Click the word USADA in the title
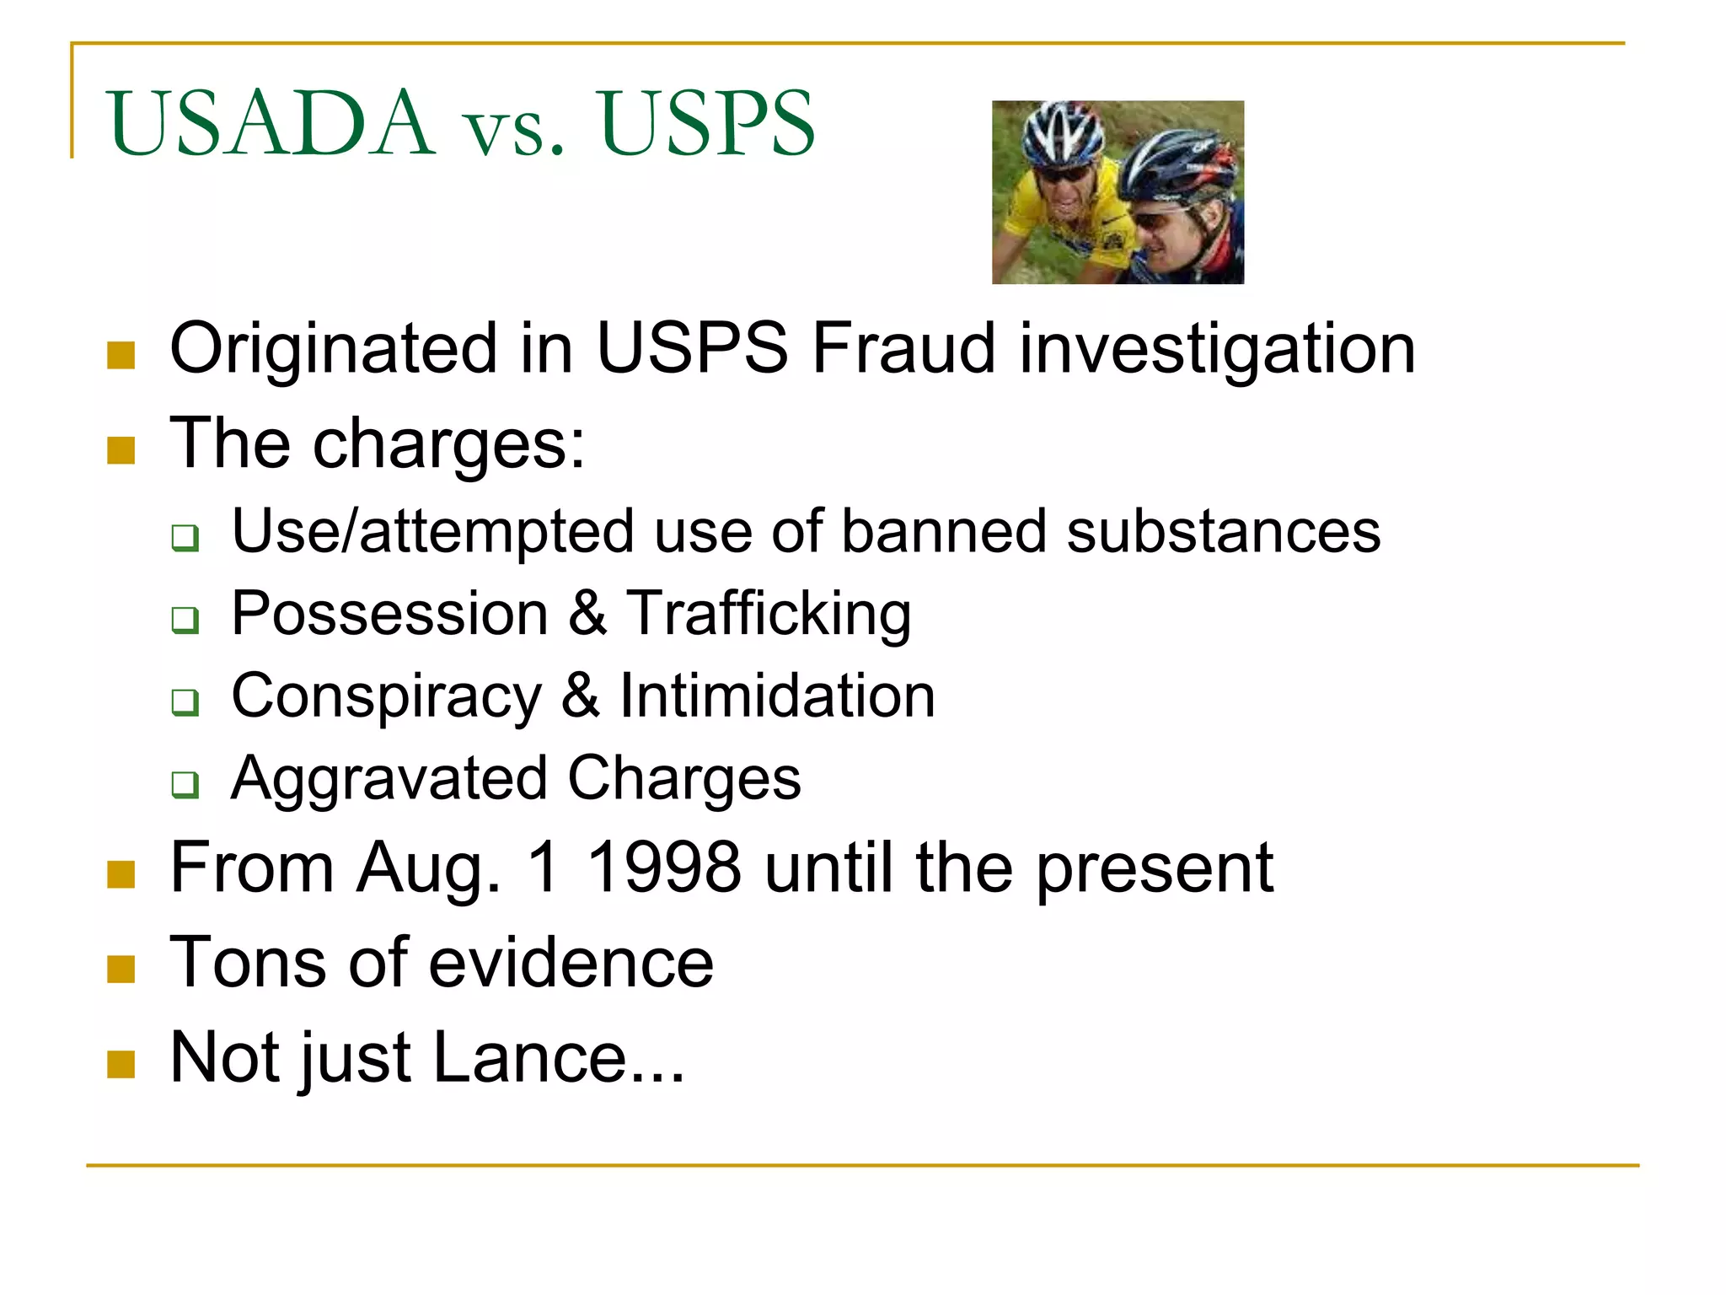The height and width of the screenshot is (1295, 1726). click(271, 124)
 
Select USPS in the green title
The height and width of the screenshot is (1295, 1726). click(706, 124)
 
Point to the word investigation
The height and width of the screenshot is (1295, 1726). click(1217, 350)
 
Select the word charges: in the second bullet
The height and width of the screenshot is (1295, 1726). click(448, 446)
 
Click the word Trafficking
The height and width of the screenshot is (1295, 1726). click(769, 615)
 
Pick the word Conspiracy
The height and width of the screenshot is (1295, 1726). click(386, 698)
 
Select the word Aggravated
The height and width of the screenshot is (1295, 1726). click(389, 779)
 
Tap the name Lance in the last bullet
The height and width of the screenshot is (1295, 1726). click(530, 1057)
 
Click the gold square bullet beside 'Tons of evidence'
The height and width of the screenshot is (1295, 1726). click(121, 970)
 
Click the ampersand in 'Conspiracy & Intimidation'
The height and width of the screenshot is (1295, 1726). click(580, 696)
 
